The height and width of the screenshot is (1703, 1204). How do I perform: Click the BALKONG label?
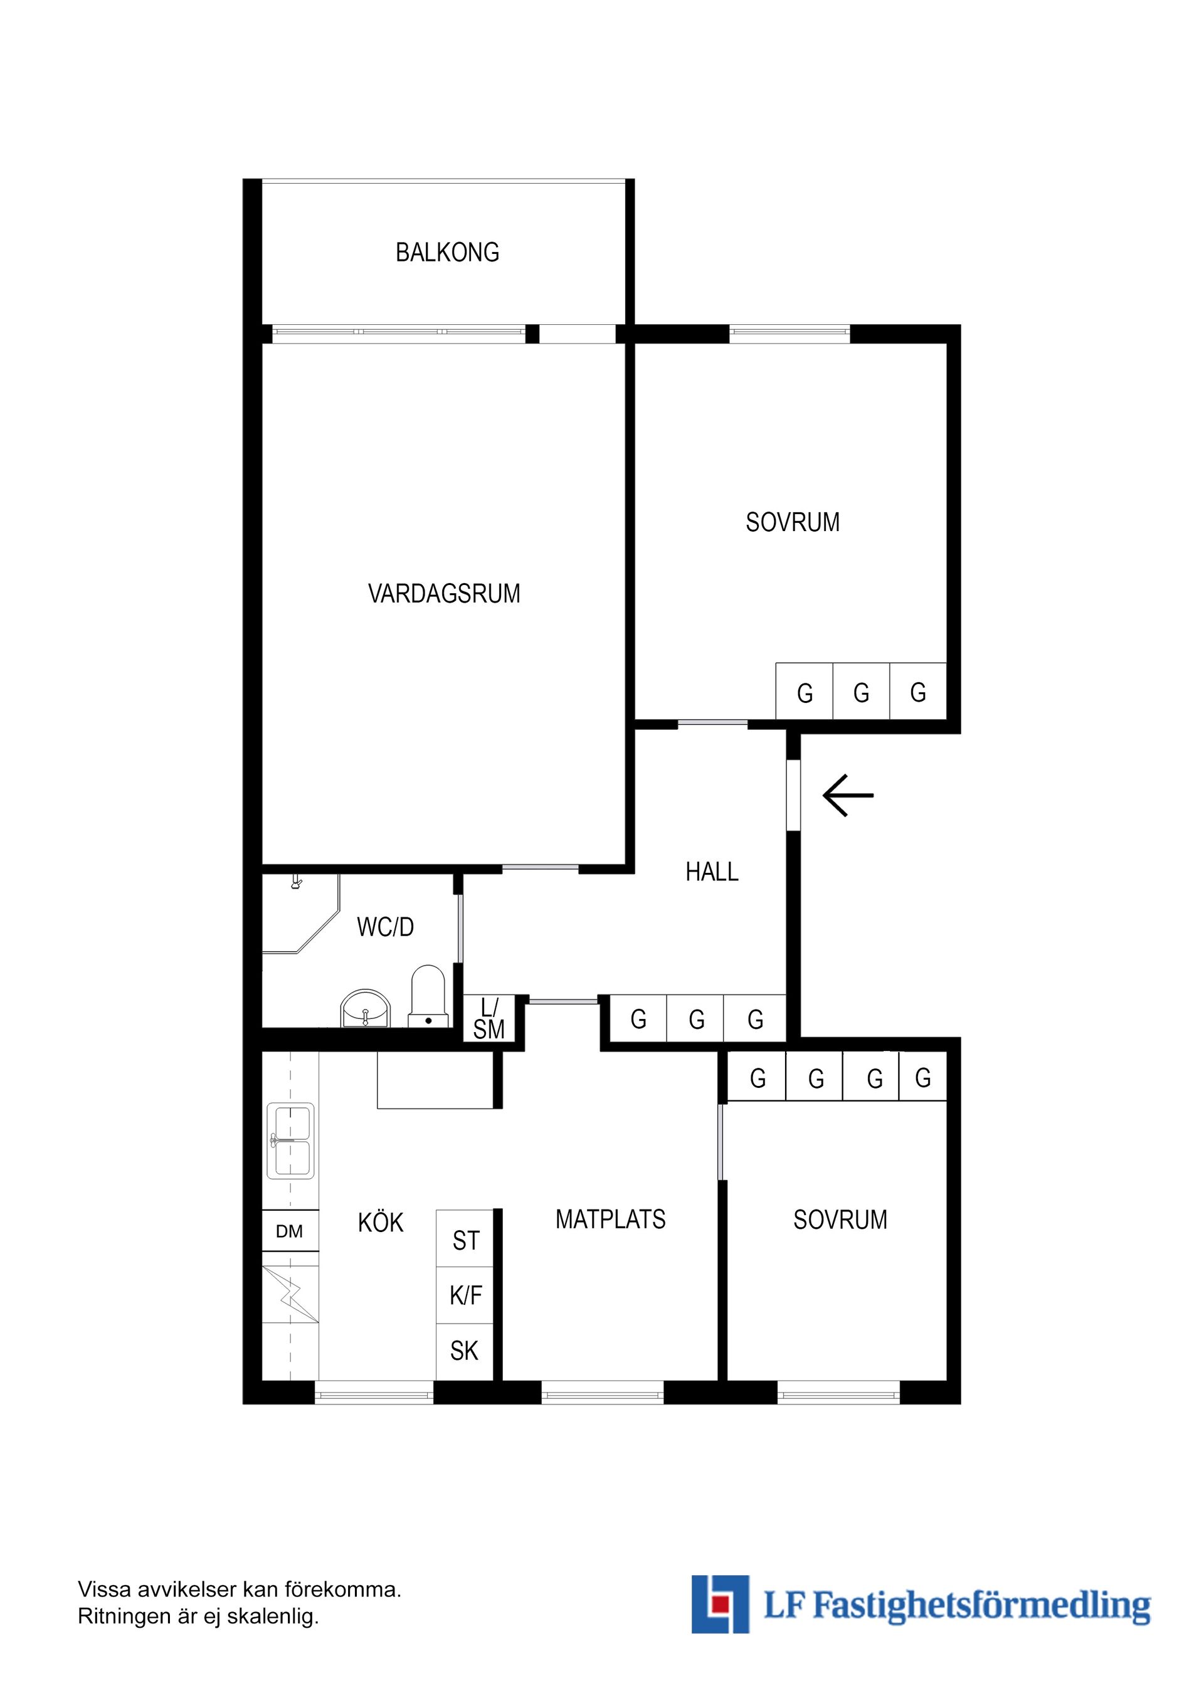447,253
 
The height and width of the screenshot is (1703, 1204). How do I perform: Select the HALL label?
711,872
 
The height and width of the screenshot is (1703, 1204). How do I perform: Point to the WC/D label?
385,927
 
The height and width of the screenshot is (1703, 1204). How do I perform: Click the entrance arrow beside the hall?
848,795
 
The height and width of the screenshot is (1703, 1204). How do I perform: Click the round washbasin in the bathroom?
365,1010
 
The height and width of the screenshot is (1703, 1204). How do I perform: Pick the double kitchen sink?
290,1141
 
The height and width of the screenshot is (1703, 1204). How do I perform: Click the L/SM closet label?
489,1019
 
